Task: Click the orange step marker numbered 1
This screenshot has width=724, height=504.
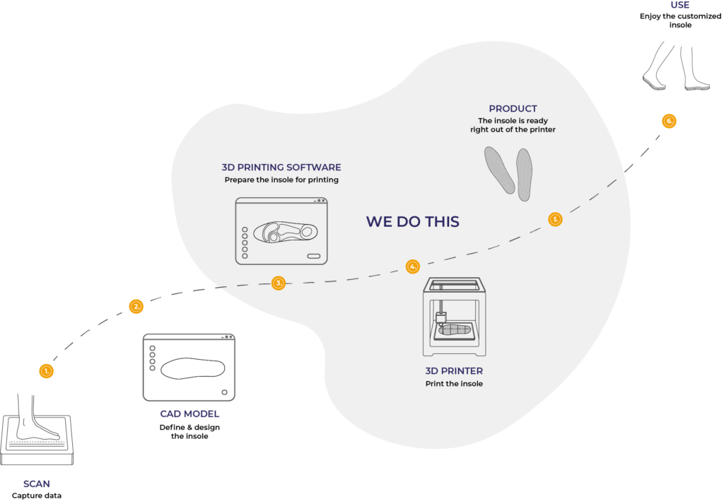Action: point(46,371)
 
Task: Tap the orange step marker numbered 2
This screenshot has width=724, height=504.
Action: point(136,307)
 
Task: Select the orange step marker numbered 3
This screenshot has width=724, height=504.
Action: point(279,283)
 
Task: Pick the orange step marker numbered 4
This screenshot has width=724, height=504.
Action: point(413,266)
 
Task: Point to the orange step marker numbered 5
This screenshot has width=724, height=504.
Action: point(555,219)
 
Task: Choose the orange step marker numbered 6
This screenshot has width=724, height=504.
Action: point(669,121)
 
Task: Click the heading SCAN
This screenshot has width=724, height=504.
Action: point(37,484)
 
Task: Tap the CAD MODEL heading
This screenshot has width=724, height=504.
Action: point(189,414)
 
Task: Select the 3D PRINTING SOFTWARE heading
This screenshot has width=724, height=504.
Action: point(281,167)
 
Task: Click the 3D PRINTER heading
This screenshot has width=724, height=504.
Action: point(454,370)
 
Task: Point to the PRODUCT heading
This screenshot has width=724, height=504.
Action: point(513,108)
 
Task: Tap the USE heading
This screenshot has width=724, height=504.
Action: point(680,5)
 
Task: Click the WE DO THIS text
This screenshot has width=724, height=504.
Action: point(413,221)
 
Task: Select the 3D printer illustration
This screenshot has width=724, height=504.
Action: point(455,317)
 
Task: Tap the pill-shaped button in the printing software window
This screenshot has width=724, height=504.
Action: point(313,256)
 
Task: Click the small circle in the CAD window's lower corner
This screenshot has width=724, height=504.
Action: point(224,392)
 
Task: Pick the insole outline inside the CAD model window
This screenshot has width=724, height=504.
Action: point(192,368)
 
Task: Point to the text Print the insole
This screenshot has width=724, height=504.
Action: point(454,384)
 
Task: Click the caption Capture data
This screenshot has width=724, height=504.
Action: point(37,496)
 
